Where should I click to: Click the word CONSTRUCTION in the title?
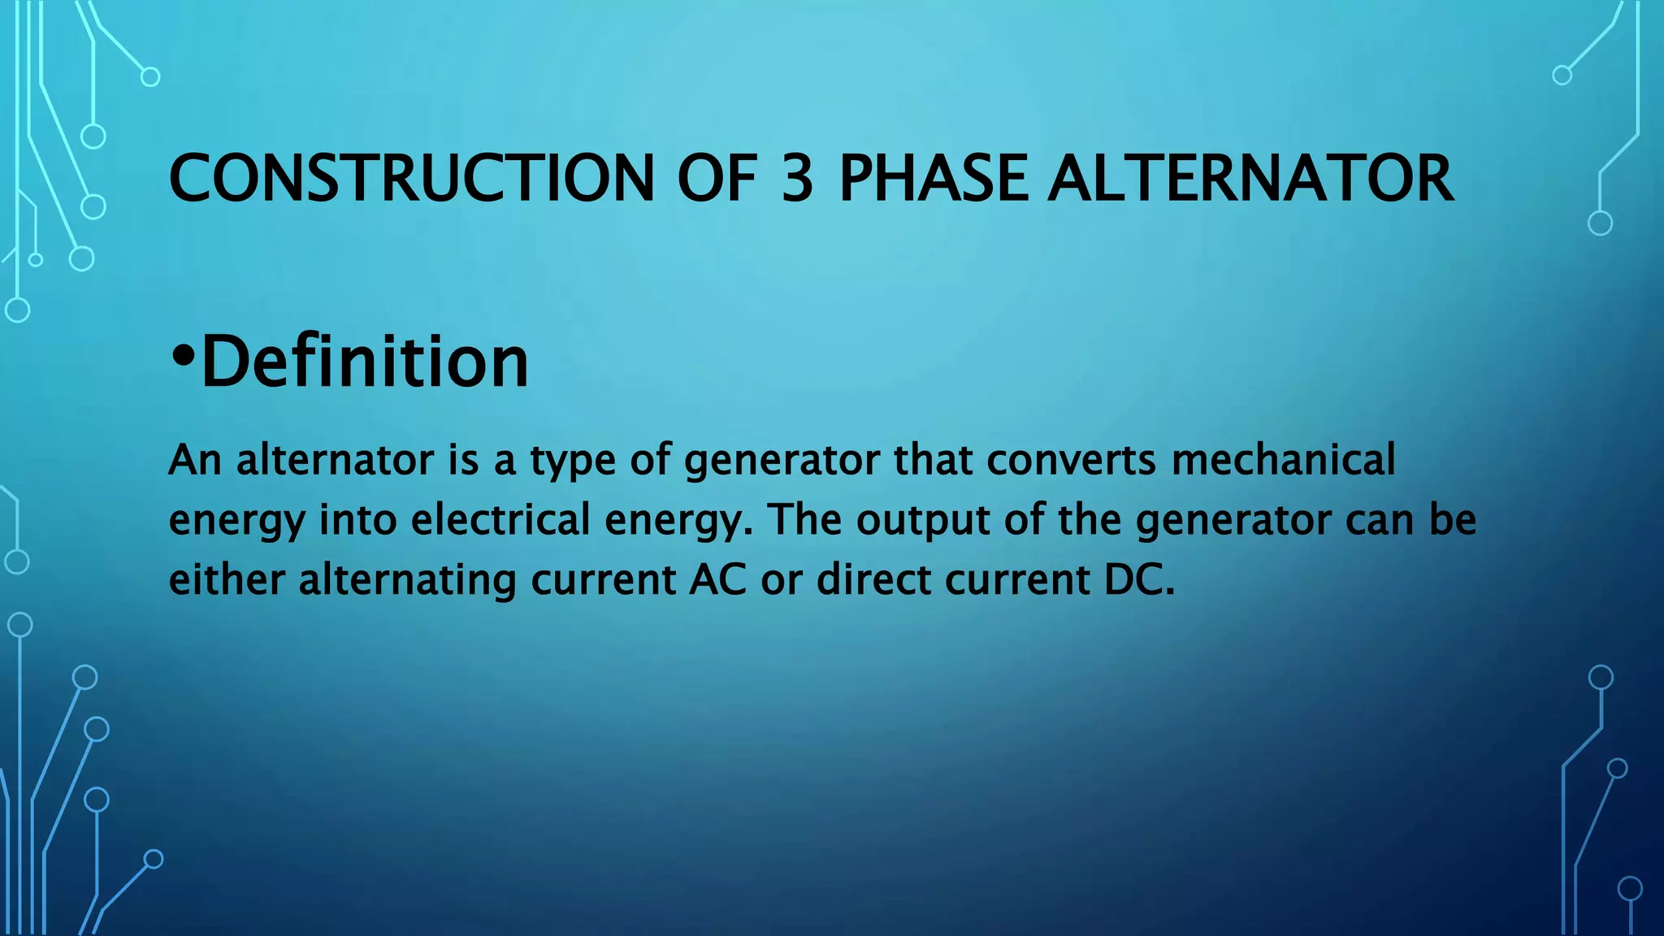[x=411, y=179]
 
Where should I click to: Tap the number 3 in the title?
[x=797, y=179]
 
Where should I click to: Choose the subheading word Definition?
[x=365, y=362]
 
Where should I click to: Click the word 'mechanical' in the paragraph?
[x=1284, y=460]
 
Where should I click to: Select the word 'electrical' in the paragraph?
[x=500, y=520]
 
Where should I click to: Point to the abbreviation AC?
[x=717, y=580]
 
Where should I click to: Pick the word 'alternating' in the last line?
[x=408, y=580]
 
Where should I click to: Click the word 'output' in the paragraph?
[x=923, y=520]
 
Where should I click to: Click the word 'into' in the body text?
[x=358, y=520]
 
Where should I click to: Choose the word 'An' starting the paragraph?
[x=195, y=460]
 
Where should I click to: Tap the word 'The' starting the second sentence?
[x=804, y=520]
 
